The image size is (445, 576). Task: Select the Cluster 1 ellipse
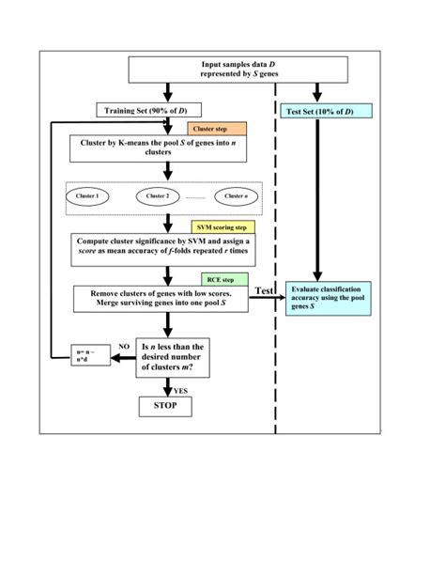[93, 195]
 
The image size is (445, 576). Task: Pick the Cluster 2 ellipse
[161, 195]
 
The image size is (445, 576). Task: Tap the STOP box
[165, 405]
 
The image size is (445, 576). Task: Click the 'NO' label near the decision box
[123, 346]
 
